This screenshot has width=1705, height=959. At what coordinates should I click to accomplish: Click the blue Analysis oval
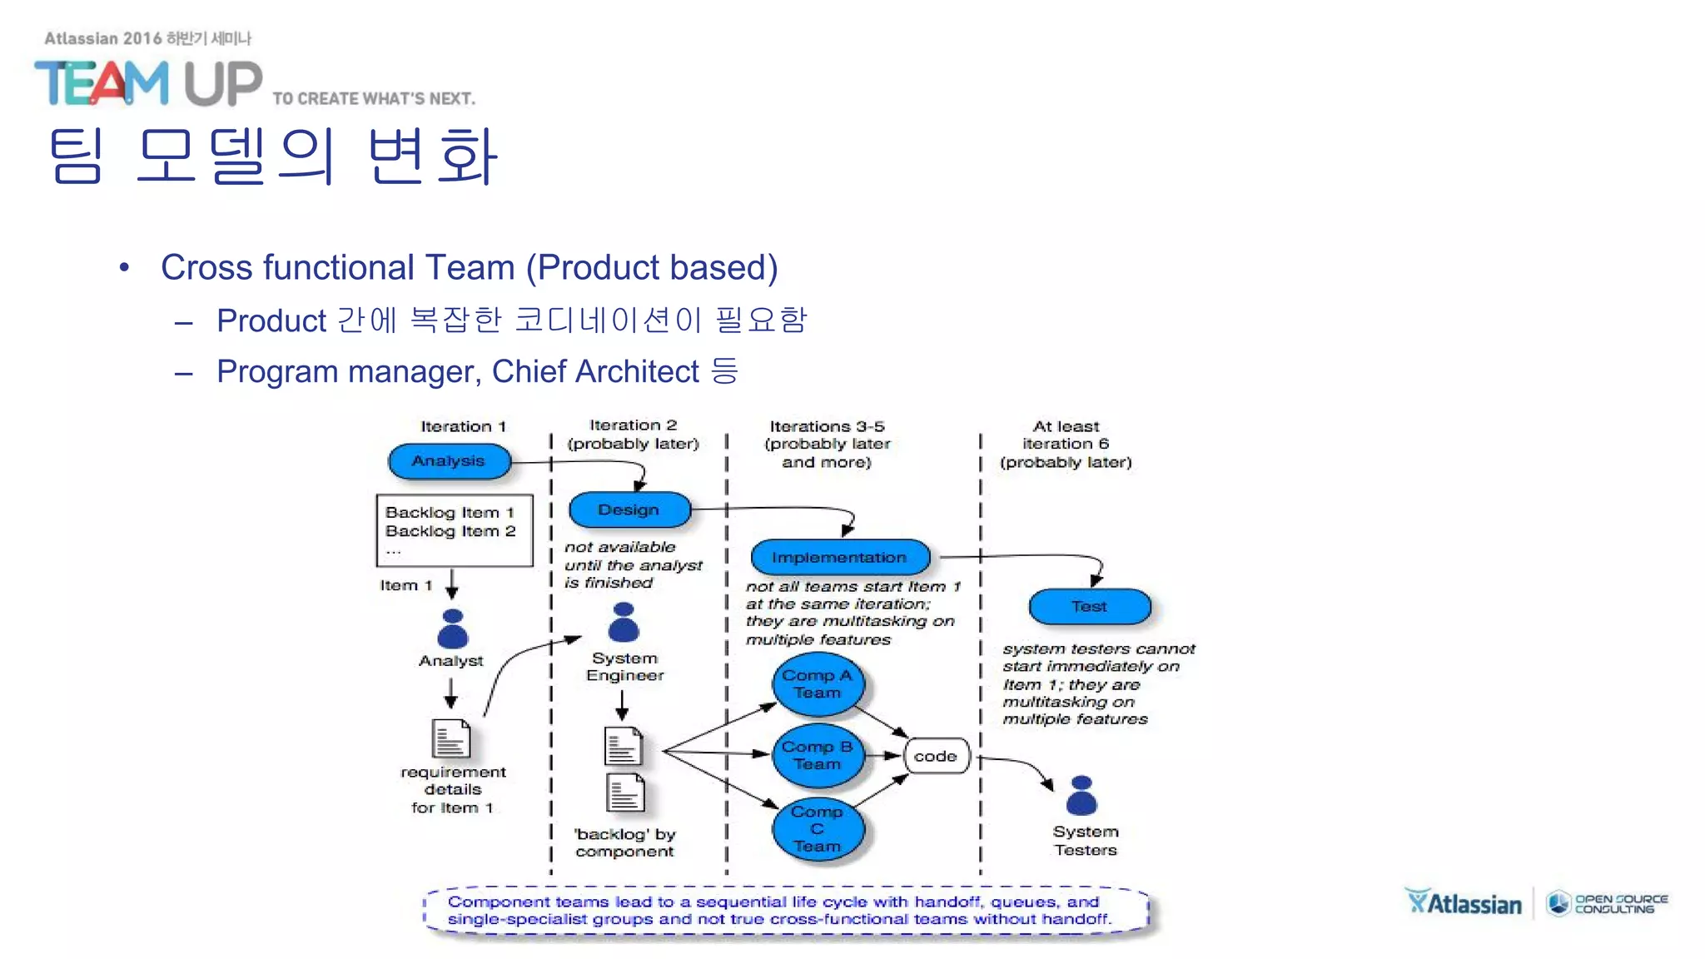(x=449, y=461)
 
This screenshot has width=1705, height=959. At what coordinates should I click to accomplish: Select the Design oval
(x=629, y=509)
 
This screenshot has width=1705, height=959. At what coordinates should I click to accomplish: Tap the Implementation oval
(x=839, y=557)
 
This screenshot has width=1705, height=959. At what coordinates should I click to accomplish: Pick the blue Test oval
(x=1089, y=607)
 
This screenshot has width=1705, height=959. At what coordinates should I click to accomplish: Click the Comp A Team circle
(x=818, y=685)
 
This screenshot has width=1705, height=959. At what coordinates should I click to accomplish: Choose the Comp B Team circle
(x=818, y=756)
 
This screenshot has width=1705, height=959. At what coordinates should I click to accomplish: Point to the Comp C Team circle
(x=818, y=829)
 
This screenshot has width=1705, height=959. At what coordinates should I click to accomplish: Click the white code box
(x=936, y=756)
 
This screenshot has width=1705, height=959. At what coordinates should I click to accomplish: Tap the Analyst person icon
(x=453, y=629)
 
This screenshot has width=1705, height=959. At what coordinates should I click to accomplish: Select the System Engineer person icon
(x=624, y=623)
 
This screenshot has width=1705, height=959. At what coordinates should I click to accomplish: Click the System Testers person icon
(x=1081, y=796)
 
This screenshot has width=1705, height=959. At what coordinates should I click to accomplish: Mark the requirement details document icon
(x=451, y=738)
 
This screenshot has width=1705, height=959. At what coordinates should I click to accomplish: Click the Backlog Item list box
(x=455, y=531)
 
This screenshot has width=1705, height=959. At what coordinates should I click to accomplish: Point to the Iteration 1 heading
(x=463, y=426)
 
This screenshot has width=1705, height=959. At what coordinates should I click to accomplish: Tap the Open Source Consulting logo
(x=1607, y=903)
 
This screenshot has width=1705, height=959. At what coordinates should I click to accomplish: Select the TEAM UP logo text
(x=148, y=83)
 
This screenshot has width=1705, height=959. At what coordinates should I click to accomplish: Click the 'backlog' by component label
(x=624, y=842)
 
